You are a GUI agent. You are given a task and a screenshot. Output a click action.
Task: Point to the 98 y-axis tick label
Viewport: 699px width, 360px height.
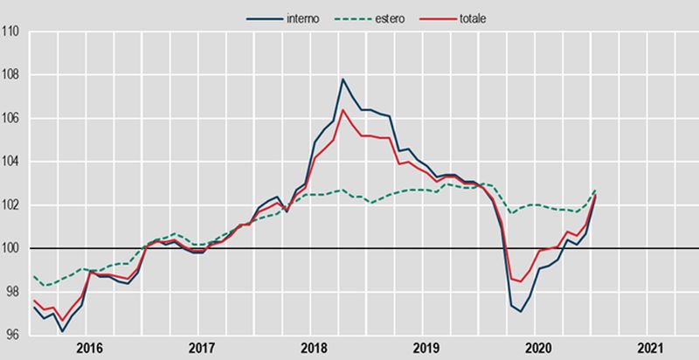pyautogui.click(x=14, y=292)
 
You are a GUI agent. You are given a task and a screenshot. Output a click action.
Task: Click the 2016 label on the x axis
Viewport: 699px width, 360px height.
pyautogui.click(x=90, y=347)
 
